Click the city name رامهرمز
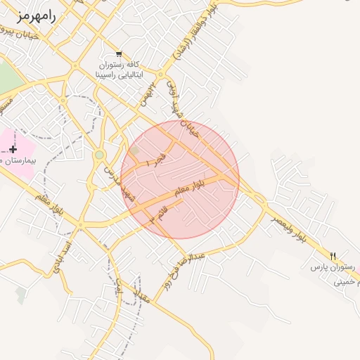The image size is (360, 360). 34,15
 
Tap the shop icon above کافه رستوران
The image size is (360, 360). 118,54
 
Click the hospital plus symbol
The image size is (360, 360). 13,149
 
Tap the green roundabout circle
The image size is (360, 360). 99,155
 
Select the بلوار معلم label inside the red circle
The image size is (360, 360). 191,188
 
